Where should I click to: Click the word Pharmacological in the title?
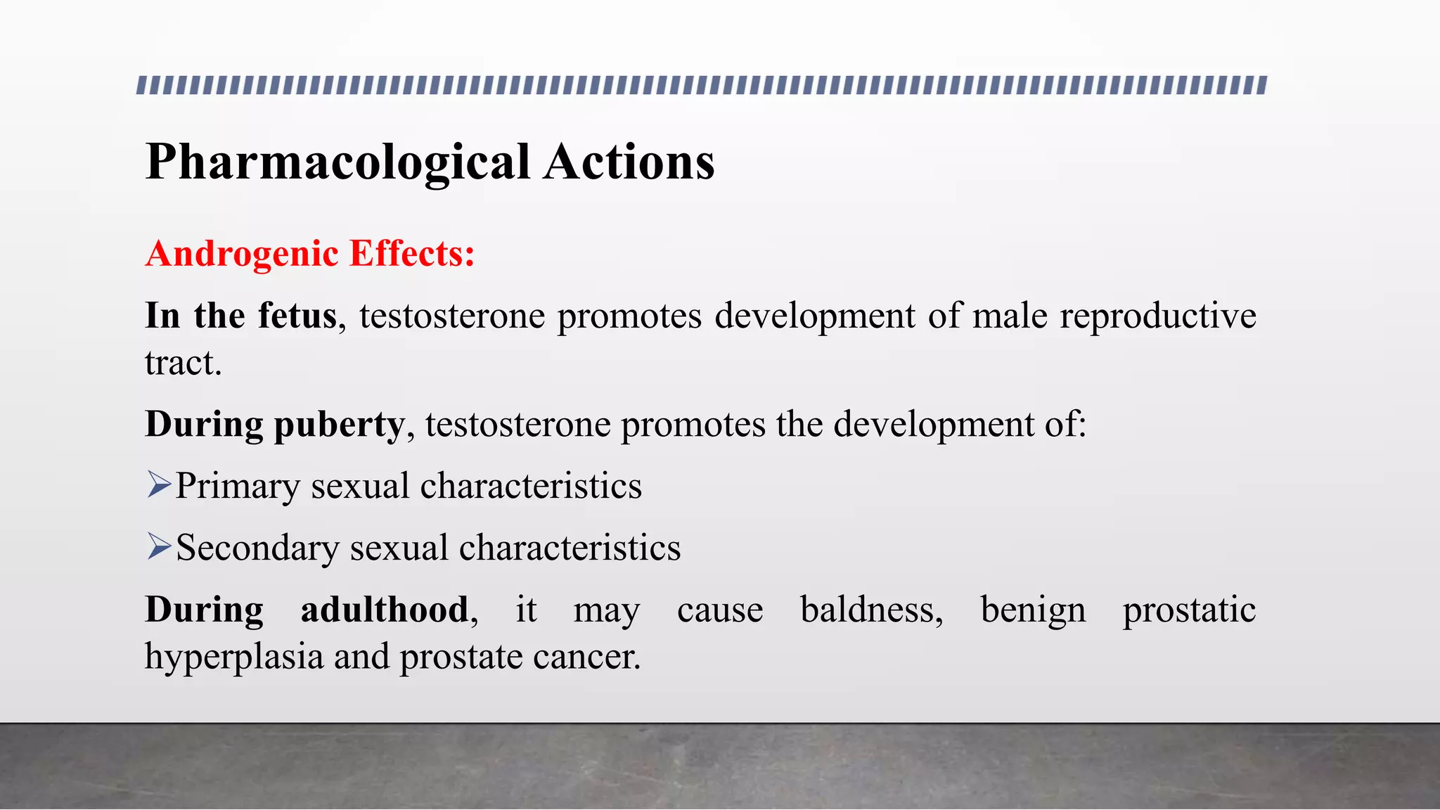pyautogui.click(x=337, y=163)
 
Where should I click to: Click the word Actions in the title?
pyautogui.click(x=629, y=163)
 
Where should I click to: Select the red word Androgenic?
pyautogui.click(x=242, y=254)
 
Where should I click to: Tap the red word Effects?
pyautogui.click(x=412, y=254)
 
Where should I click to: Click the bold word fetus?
pyautogui.click(x=297, y=316)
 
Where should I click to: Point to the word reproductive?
pyautogui.click(x=1157, y=316)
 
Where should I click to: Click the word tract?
pyautogui.click(x=183, y=364)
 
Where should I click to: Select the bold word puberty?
pyautogui.click(x=339, y=425)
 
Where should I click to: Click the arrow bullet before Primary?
pyautogui.click(x=160, y=485)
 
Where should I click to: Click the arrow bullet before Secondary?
pyautogui.click(x=160, y=546)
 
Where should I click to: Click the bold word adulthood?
pyautogui.click(x=385, y=610)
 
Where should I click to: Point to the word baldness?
pyautogui.click(x=871, y=610)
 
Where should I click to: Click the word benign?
pyautogui.click(x=1033, y=610)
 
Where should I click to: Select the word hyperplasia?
pyautogui.click(x=233, y=657)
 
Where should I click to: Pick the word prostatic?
pyautogui.click(x=1189, y=610)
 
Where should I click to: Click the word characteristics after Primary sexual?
pyautogui.click(x=531, y=487)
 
